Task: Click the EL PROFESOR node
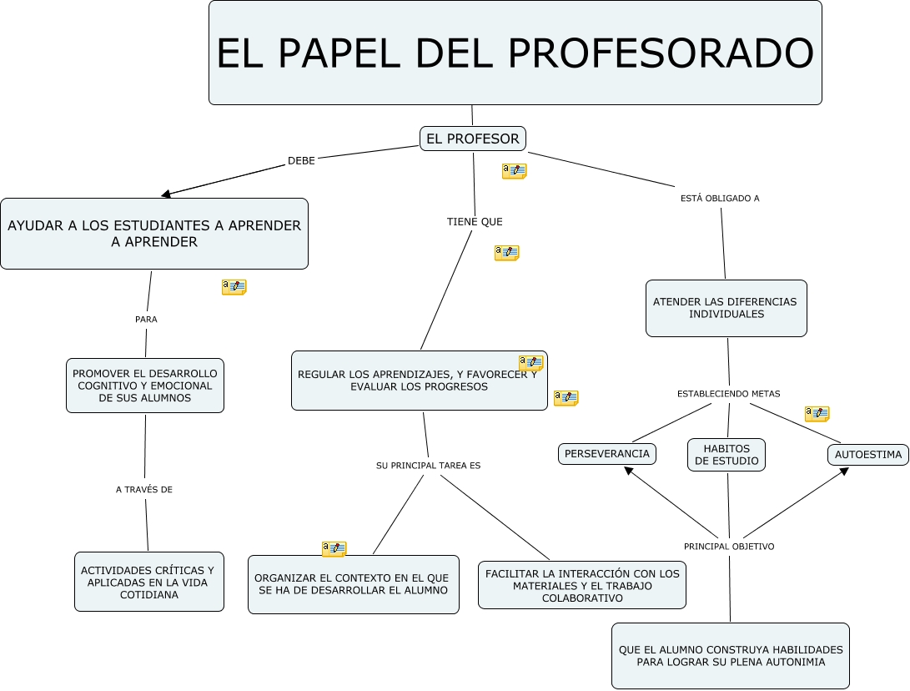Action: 472,139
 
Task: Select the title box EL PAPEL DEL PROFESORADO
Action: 515,53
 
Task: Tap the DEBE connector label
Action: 301,161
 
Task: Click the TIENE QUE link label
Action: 475,222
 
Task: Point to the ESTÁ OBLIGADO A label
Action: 720,199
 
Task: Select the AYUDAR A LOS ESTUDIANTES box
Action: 154,234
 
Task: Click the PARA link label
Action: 146,320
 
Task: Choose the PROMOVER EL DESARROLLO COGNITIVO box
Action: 145,386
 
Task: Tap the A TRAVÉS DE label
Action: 144,490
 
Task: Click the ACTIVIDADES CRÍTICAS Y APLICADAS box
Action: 149,582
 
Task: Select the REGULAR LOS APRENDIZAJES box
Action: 419,381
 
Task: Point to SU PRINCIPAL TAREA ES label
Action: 428,466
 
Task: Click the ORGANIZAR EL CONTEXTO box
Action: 354,584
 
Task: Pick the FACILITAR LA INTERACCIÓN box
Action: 582,585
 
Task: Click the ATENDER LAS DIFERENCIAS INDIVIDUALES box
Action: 726,308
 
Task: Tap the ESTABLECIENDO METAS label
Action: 728,394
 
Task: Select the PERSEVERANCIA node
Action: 607,453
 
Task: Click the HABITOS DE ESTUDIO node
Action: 726,455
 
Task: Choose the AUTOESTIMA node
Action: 868,455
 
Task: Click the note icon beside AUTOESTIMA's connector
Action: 817,413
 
